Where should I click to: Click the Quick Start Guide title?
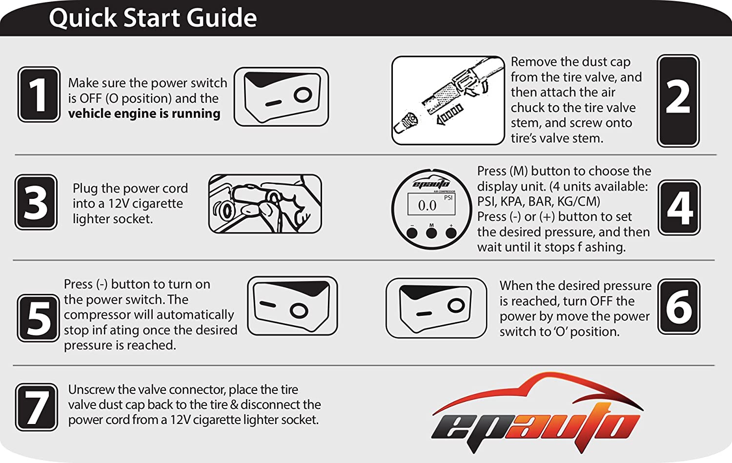click(153, 18)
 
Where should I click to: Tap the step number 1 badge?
click(39, 95)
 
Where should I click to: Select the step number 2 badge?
click(678, 101)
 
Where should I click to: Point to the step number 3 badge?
click(36, 202)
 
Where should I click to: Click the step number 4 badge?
click(679, 208)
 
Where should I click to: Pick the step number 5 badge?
click(38, 318)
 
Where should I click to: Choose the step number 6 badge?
click(679, 307)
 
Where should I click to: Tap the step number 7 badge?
click(36, 407)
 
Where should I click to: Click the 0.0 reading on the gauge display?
click(427, 206)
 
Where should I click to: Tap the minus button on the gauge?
click(412, 233)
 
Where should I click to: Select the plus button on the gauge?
click(451, 233)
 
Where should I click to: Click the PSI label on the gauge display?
click(448, 198)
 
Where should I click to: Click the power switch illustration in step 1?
click(282, 97)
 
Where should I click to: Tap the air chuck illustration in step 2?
click(448, 100)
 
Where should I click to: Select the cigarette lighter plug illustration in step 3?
click(265, 204)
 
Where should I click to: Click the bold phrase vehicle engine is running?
click(144, 114)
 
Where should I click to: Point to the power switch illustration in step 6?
click(436, 308)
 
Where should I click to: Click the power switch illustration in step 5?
click(292, 306)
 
